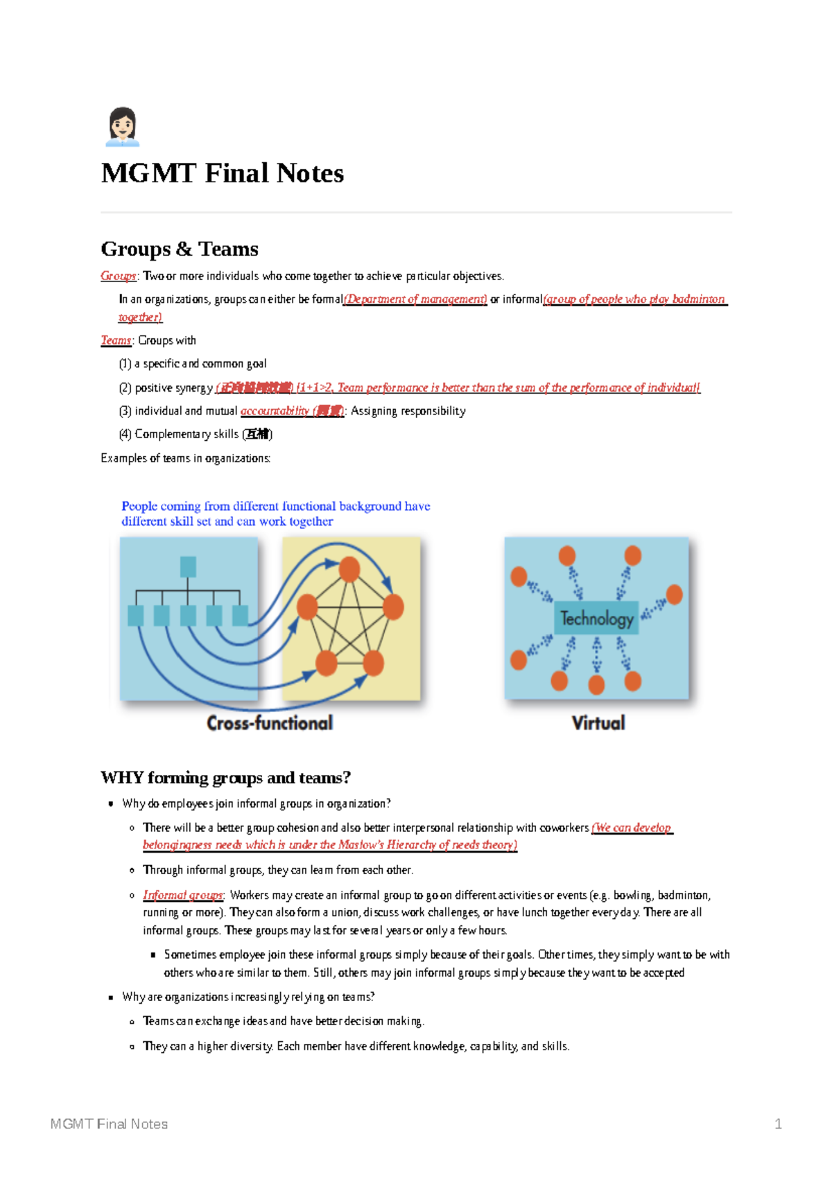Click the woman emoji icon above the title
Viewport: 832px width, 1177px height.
tap(122, 127)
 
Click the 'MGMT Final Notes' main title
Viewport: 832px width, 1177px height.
tap(222, 173)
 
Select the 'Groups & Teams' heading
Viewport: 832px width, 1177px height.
tap(180, 249)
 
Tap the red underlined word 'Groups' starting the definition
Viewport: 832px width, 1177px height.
tap(118, 276)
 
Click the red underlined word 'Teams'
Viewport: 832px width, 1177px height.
tap(115, 340)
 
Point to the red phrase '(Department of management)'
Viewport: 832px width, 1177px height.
tap(415, 299)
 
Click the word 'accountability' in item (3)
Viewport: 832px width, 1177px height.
tap(275, 411)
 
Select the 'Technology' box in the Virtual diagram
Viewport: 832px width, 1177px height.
tap(596, 618)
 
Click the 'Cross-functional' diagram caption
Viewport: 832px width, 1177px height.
tap(270, 723)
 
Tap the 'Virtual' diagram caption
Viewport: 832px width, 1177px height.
tap(598, 723)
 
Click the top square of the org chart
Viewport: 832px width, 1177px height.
tap(188, 567)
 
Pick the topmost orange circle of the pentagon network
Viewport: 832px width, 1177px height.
tap(349, 569)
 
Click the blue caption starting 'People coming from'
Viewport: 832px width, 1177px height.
tap(275, 514)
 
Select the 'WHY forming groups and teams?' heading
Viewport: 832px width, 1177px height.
tap(225, 778)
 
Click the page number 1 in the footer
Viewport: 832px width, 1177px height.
tap(778, 1124)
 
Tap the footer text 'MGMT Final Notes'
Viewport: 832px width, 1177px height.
tap(110, 1124)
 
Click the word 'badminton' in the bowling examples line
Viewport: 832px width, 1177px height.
tap(683, 895)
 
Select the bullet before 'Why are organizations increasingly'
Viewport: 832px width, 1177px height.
tap(111, 997)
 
